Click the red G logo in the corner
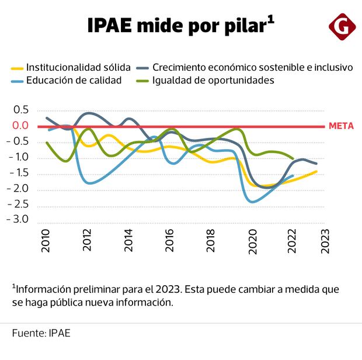340,27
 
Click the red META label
341,126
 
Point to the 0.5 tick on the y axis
20,110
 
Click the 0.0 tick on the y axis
20,126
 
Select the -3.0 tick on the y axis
19,220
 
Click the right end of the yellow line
316,171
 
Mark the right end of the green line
293,158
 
